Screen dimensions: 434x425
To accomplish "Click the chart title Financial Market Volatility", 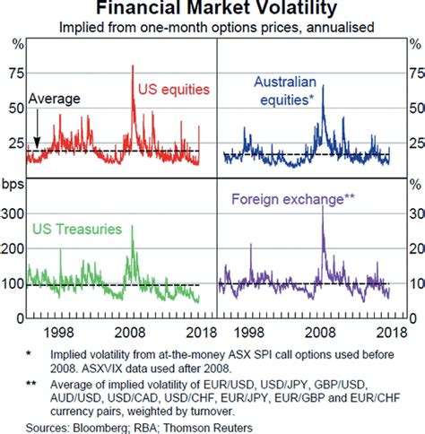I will click(x=212, y=10).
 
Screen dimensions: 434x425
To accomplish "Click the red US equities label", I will click(x=173, y=89).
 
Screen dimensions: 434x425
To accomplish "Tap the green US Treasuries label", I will click(x=76, y=230).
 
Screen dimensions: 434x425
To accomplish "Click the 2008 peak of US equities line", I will click(x=133, y=67).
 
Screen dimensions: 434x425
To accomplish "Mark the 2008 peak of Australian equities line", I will click(x=323, y=87).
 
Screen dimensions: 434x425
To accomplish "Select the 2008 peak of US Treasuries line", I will click(x=132, y=228).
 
